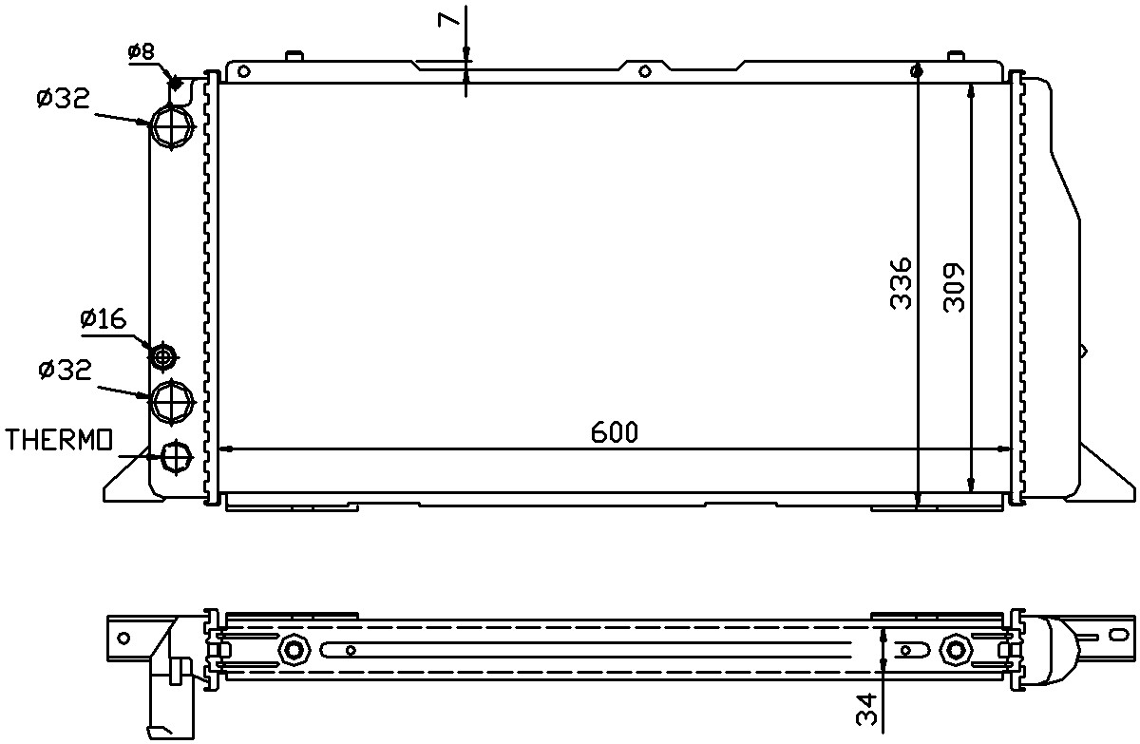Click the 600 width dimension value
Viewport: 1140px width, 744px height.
614,432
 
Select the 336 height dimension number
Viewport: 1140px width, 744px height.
901,283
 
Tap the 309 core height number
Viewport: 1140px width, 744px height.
954,287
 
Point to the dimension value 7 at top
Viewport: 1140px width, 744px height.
447,19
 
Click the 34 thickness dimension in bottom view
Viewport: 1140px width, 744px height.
866,710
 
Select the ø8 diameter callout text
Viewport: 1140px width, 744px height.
141,51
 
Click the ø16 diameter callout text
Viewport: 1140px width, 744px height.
104,319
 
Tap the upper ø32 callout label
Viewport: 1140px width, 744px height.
63,98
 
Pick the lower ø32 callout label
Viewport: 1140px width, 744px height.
66,370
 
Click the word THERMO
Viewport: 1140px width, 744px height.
59,440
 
